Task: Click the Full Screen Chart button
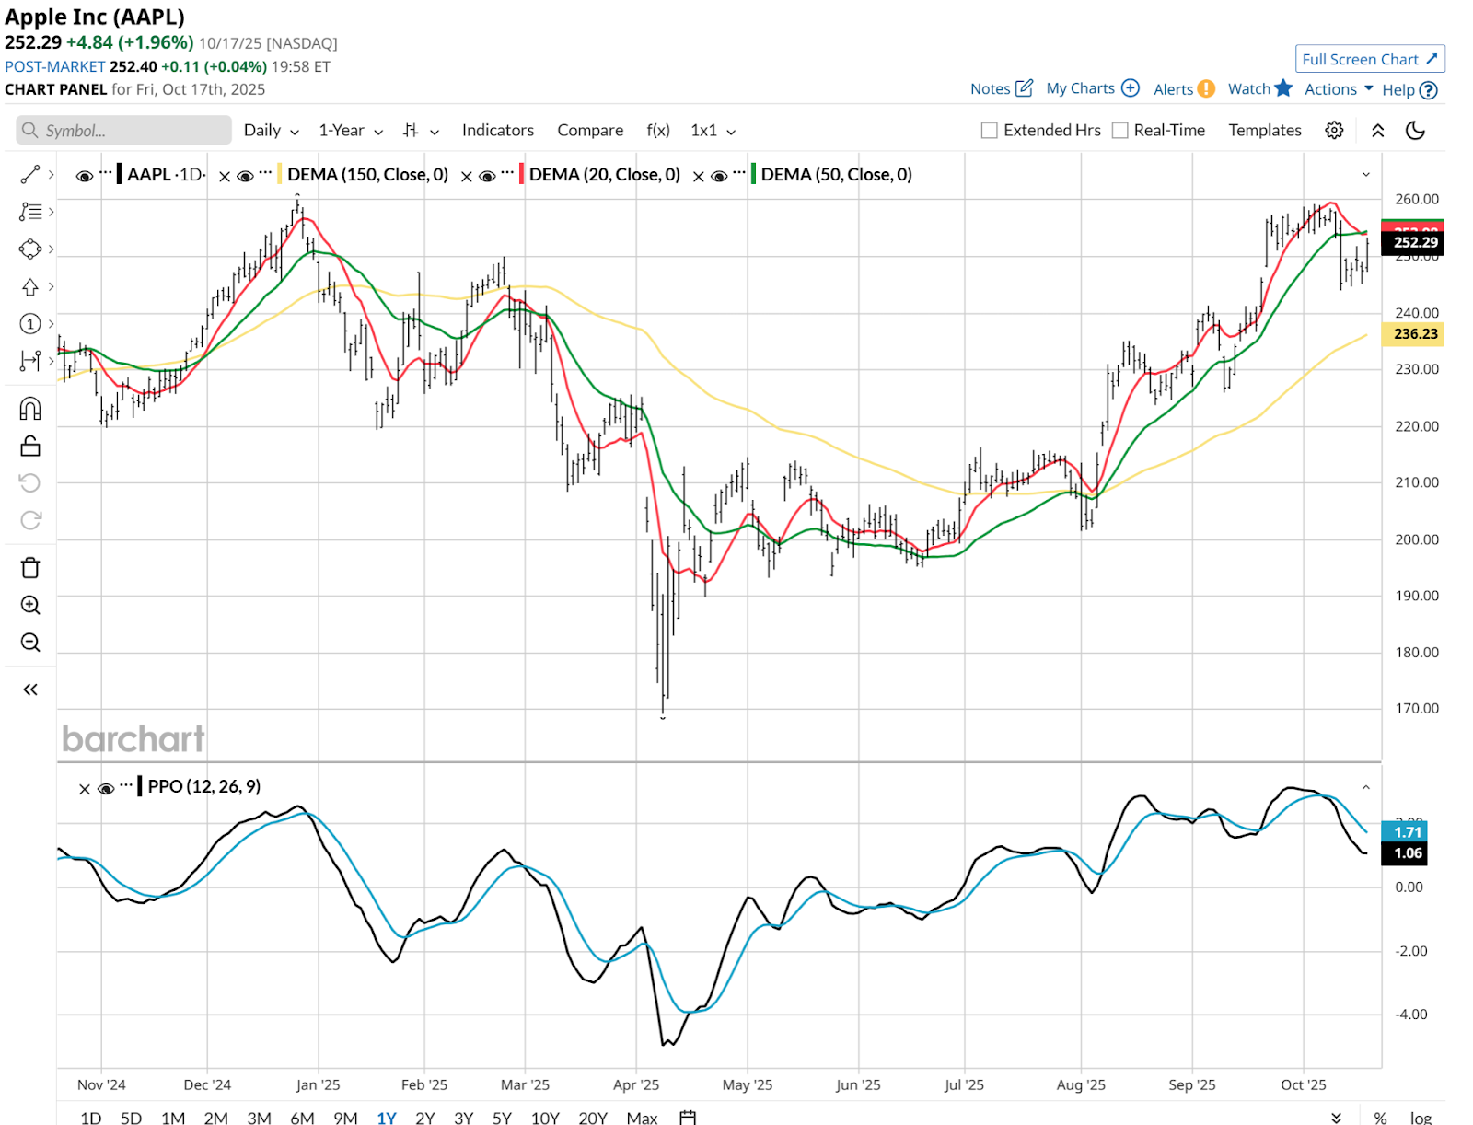[x=1369, y=59]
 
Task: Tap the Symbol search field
[x=124, y=131]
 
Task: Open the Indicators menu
[x=497, y=131]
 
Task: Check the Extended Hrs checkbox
[x=990, y=131]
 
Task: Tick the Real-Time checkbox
[x=1120, y=131]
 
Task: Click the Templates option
[x=1264, y=131]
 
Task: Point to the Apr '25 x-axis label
[x=636, y=1084]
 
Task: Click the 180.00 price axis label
[x=1416, y=652]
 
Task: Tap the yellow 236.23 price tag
[x=1414, y=334]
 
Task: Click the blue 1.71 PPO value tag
[x=1408, y=832]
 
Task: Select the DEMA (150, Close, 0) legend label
[x=367, y=175]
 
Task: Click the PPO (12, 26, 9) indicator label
[x=203, y=786]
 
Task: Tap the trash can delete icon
[x=30, y=567]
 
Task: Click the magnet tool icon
[x=30, y=408]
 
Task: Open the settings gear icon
[x=1334, y=131]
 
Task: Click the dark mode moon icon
[x=1415, y=131]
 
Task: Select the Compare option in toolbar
[x=590, y=131]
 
